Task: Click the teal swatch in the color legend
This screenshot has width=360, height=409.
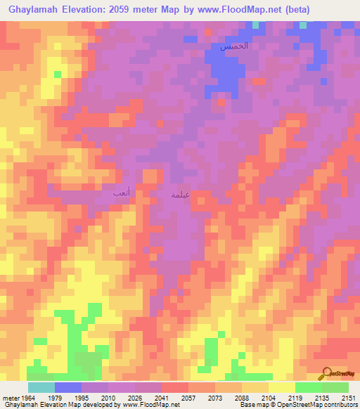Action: pos(41,387)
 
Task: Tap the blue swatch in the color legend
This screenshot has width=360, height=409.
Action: pos(68,387)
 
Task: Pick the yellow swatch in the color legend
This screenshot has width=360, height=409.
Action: pos(281,387)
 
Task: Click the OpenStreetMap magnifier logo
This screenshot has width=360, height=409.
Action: pos(328,372)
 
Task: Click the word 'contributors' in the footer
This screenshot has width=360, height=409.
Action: pos(338,405)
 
